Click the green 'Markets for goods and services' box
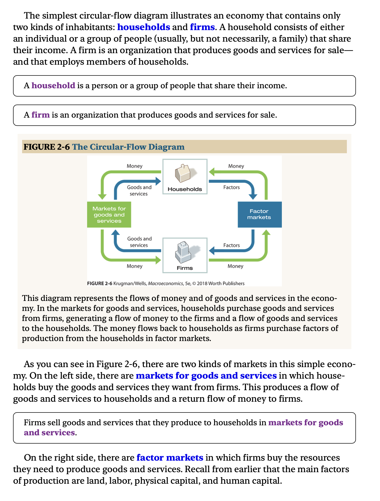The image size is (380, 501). [x=109, y=215]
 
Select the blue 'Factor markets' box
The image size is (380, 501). [x=259, y=214]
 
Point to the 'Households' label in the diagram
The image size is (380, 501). [x=185, y=189]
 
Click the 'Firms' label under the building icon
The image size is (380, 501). [x=185, y=268]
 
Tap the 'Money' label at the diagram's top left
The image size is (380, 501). [x=135, y=166]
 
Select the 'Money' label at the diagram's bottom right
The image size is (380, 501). [x=235, y=266]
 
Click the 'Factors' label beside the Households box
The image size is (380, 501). [x=231, y=187]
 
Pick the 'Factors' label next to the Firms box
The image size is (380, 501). [x=231, y=245]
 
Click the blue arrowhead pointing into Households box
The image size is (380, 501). [x=158, y=181]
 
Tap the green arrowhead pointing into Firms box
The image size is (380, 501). [x=158, y=260]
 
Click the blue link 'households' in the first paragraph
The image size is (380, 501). [x=144, y=27]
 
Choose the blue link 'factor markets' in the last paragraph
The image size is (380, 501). [x=170, y=458]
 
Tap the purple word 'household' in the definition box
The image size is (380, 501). [x=53, y=86]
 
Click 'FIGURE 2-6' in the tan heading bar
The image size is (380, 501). [x=47, y=147]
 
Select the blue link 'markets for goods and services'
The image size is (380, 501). [x=206, y=376]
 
